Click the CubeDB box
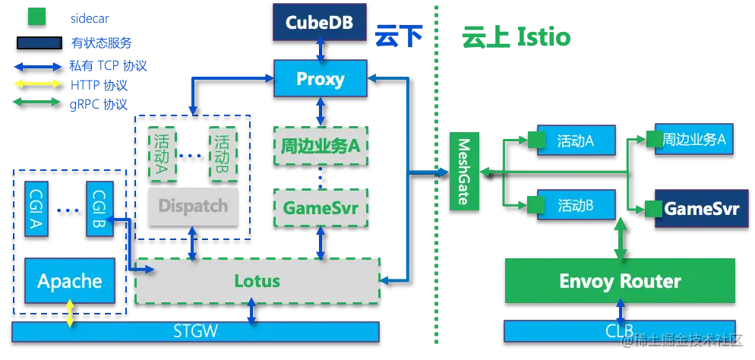click(320, 22)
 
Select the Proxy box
click(321, 78)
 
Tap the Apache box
click(70, 280)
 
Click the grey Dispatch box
click(193, 206)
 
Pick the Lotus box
click(257, 281)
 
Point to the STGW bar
click(195, 332)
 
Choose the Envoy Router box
click(620, 281)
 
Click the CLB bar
click(620, 331)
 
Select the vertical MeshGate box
click(464, 171)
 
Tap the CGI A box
click(36, 209)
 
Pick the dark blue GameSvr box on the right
click(697, 208)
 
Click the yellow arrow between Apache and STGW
click(71, 314)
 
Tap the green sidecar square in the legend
click(37, 17)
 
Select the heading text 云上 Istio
click(516, 37)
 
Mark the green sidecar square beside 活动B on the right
click(536, 204)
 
